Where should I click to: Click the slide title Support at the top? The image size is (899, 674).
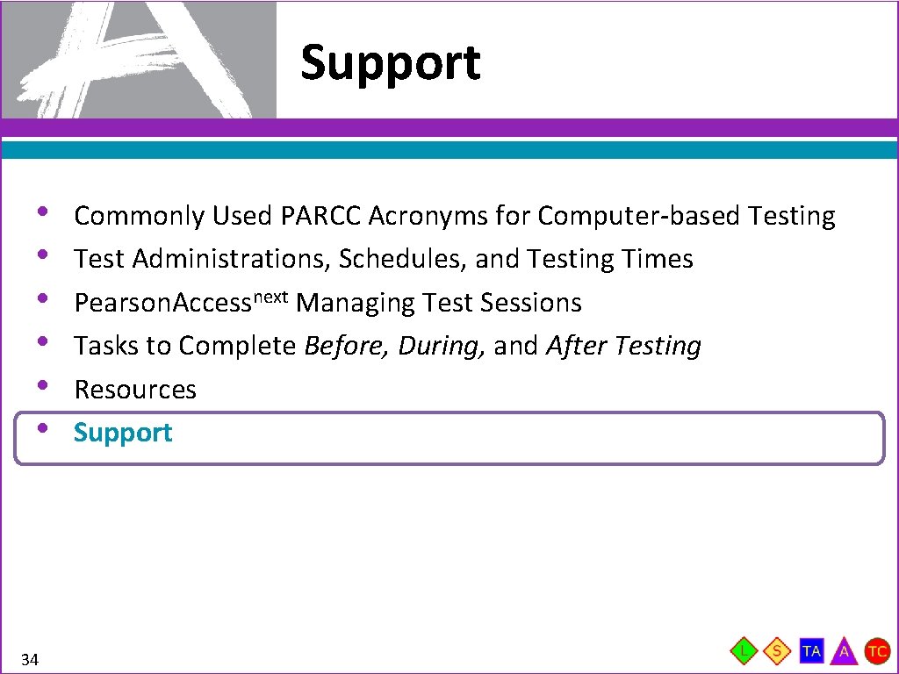tap(391, 63)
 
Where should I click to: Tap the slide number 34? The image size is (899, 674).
tap(30, 659)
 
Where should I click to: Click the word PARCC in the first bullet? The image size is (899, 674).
tap(322, 216)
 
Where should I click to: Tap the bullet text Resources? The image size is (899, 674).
tap(135, 390)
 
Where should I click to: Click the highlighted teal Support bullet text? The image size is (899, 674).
tap(123, 433)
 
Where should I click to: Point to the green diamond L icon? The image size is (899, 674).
tap(744, 651)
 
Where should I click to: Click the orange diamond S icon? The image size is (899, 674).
tap(777, 651)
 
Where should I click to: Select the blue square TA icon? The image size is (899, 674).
tap(811, 651)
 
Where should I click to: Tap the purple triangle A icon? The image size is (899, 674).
tap(844, 652)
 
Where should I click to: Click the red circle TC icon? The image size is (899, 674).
tap(877, 651)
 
